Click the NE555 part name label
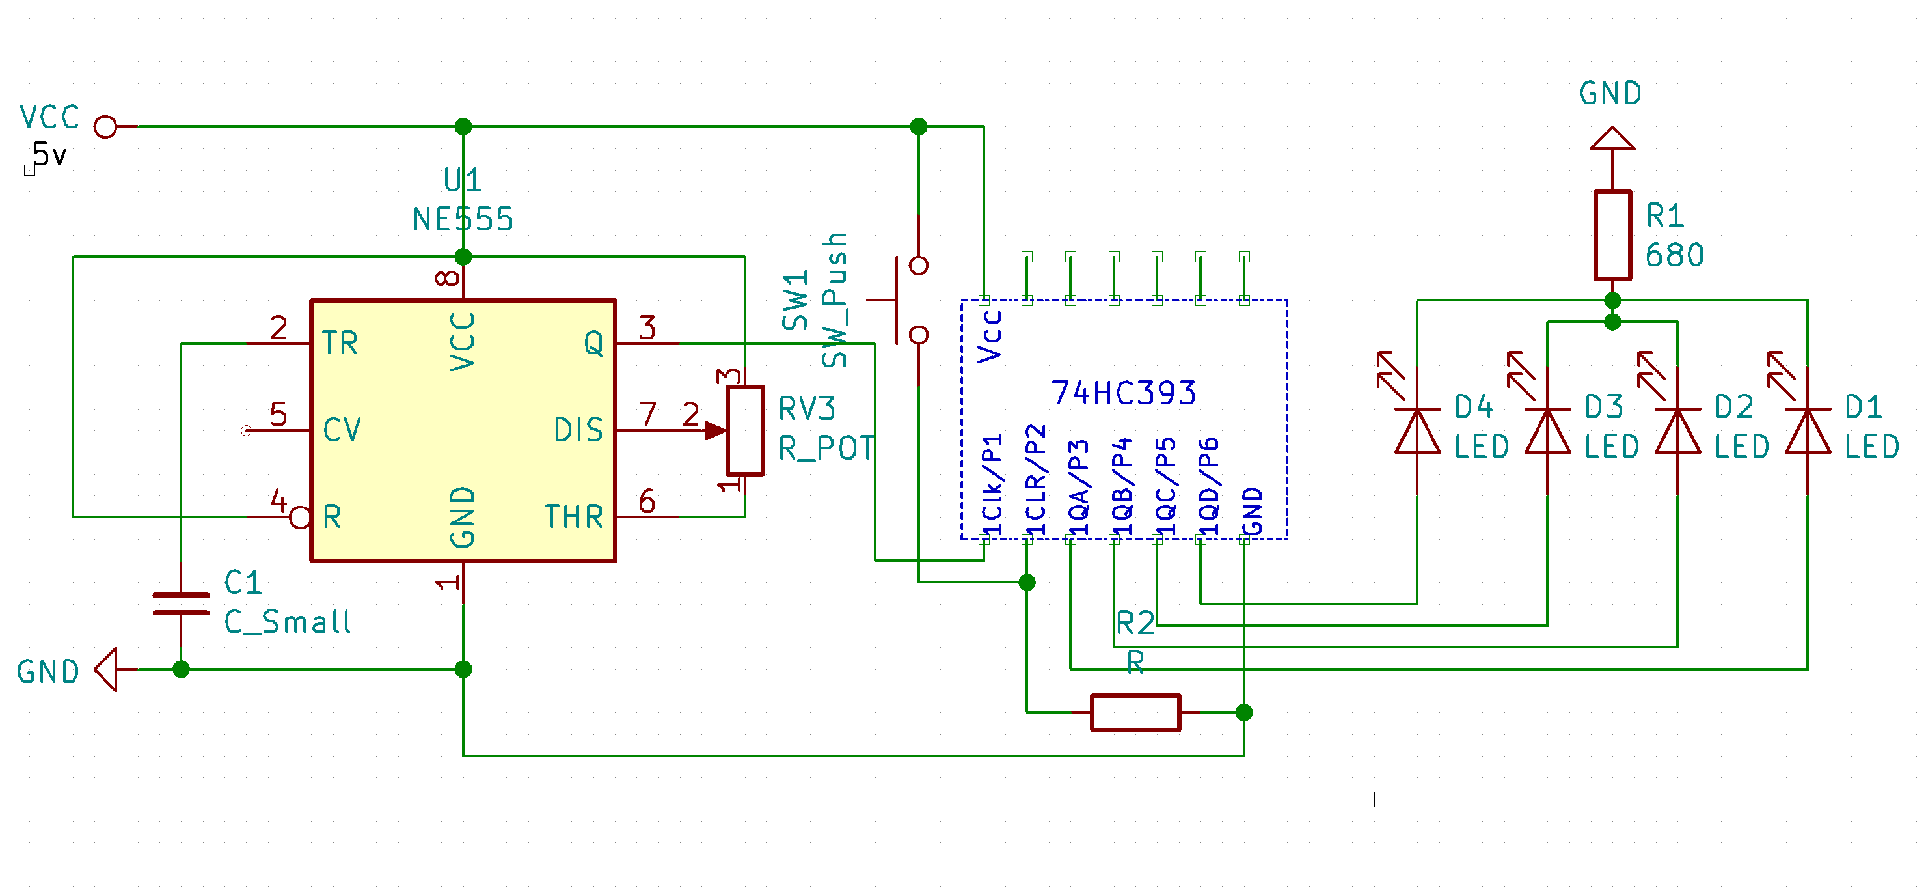point(463,220)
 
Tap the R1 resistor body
point(1612,236)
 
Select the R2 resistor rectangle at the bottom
point(1135,712)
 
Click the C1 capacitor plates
point(181,604)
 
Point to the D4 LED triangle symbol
point(1417,432)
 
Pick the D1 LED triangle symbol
point(1807,432)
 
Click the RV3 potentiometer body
point(744,431)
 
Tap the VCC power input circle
point(105,126)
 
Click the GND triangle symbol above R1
point(1612,139)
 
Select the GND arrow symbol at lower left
point(107,669)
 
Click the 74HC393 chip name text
point(1123,393)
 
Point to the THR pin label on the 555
point(573,517)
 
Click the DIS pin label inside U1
point(578,430)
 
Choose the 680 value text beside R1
point(1674,256)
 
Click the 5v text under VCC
point(49,156)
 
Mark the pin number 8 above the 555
point(448,278)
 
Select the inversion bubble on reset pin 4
point(300,517)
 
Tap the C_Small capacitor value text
point(287,622)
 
